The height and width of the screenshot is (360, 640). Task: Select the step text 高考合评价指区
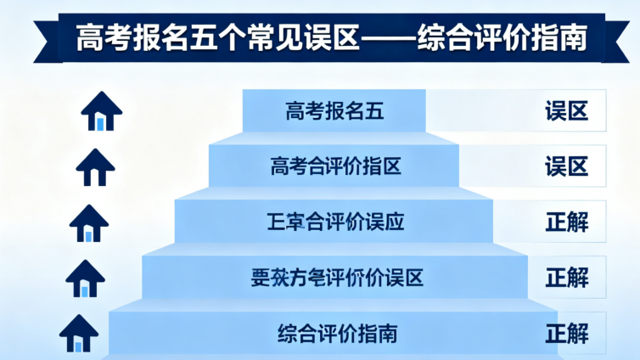click(335, 166)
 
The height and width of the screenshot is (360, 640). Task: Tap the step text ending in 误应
click(335, 222)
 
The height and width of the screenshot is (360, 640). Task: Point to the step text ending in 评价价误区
click(337, 277)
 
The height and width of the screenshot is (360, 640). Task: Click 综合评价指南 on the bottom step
click(337, 332)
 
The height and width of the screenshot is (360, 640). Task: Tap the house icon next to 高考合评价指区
click(95, 167)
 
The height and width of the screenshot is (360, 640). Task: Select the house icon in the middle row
click(89, 222)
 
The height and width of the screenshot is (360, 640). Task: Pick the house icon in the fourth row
click(84, 278)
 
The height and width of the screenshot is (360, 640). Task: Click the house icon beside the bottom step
click(79, 333)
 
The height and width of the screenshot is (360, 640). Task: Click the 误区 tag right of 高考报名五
click(566, 111)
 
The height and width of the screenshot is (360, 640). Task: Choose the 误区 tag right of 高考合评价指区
click(566, 166)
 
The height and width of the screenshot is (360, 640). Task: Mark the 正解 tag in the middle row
click(566, 222)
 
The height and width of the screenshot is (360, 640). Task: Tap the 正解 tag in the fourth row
click(566, 277)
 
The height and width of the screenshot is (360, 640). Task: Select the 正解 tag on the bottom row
click(566, 332)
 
